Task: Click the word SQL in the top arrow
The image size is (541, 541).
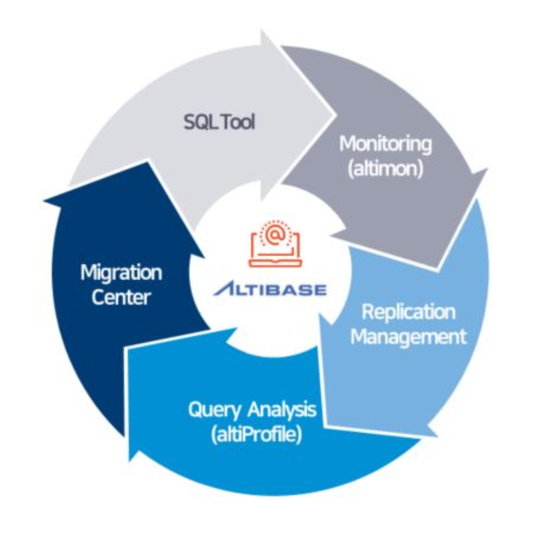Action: [200, 122]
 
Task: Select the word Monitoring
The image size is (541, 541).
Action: [385, 144]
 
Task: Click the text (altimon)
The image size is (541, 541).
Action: [385, 169]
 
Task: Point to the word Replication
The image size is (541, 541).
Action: [408, 312]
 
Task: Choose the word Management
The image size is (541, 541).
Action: [408, 336]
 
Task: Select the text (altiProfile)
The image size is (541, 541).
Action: [256, 435]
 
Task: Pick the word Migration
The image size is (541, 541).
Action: [121, 272]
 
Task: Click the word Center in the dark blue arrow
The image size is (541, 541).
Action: [121, 297]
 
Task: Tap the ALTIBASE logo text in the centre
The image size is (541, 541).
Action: [270, 289]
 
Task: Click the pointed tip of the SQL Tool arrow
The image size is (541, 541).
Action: [335, 114]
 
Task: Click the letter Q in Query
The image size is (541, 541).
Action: [195, 410]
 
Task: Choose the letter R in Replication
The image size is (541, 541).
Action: [367, 312]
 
